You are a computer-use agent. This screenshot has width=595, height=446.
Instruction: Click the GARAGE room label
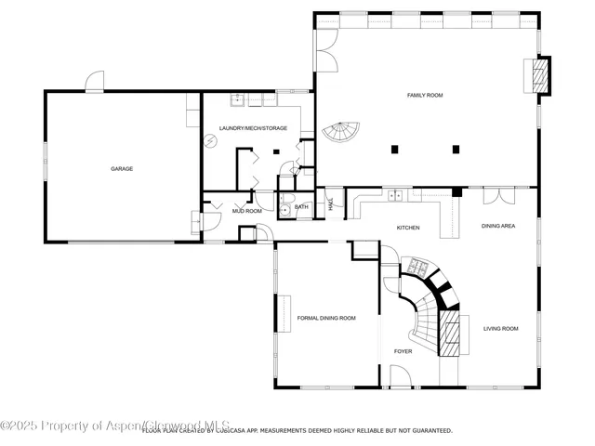click(x=122, y=168)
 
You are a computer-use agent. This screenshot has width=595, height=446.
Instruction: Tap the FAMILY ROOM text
click(x=425, y=95)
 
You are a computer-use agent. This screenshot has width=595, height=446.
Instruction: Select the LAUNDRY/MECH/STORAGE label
click(x=253, y=128)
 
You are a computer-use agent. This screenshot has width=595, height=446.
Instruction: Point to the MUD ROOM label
click(x=247, y=211)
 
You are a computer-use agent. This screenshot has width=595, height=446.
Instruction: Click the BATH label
click(x=301, y=206)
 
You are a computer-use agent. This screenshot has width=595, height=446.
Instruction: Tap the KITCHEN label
click(x=408, y=228)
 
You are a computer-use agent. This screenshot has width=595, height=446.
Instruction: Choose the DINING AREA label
click(x=498, y=226)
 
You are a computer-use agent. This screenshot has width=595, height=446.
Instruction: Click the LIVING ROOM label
click(x=501, y=328)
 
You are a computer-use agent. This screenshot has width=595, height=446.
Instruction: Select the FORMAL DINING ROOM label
click(x=326, y=319)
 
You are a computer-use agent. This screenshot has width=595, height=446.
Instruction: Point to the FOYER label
click(x=403, y=351)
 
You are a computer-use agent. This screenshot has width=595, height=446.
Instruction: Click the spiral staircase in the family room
click(x=341, y=134)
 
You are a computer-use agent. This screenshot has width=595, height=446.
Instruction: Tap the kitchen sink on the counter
click(x=397, y=196)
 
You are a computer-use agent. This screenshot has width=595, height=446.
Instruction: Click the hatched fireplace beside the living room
click(x=450, y=333)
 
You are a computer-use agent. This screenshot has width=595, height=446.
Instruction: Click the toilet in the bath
click(x=287, y=209)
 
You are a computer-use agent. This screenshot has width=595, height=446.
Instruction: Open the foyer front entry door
click(x=402, y=376)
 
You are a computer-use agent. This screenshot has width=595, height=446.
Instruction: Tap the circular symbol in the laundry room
click(x=211, y=140)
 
